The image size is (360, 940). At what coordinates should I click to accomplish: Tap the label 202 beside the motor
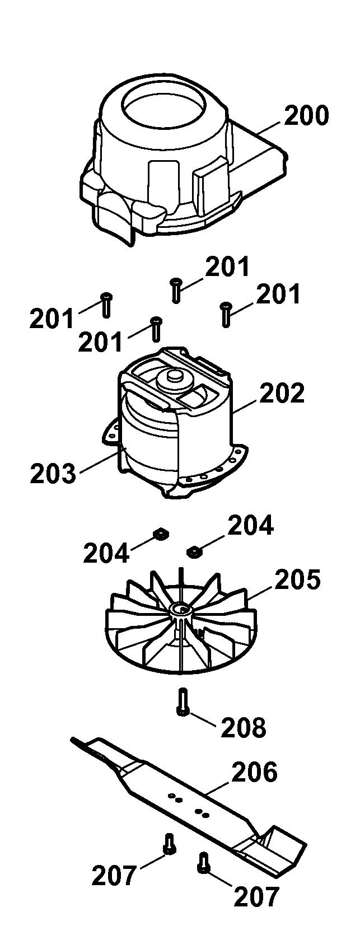[282, 393]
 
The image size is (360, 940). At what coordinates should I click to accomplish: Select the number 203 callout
[53, 473]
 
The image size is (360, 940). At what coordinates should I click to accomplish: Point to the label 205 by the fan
[298, 579]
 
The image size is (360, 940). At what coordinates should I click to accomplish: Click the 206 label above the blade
[255, 771]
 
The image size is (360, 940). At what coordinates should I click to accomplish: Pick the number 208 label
[244, 727]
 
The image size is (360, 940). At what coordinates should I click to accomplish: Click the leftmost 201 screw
[106, 305]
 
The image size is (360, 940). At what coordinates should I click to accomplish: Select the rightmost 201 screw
[226, 314]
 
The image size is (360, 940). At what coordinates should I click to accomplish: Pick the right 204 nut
[193, 552]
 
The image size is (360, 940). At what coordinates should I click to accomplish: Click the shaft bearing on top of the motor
[174, 378]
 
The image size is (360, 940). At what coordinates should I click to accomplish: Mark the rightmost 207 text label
[256, 896]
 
